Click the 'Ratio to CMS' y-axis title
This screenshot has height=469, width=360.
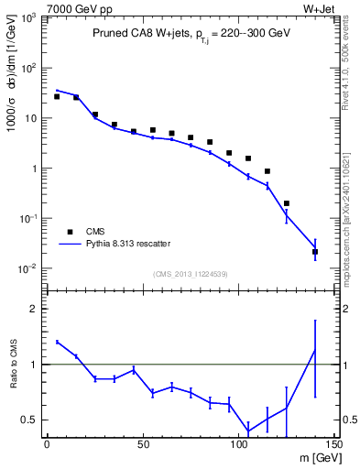click(13, 377)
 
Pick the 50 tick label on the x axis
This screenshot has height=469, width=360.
click(142, 446)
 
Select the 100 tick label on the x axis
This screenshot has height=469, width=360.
click(238, 446)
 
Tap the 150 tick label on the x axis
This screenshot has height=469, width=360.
click(334, 446)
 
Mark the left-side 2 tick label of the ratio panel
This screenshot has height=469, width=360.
click(35, 309)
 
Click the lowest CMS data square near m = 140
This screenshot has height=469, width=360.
click(315, 252)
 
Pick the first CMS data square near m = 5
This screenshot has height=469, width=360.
click(56, 96)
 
